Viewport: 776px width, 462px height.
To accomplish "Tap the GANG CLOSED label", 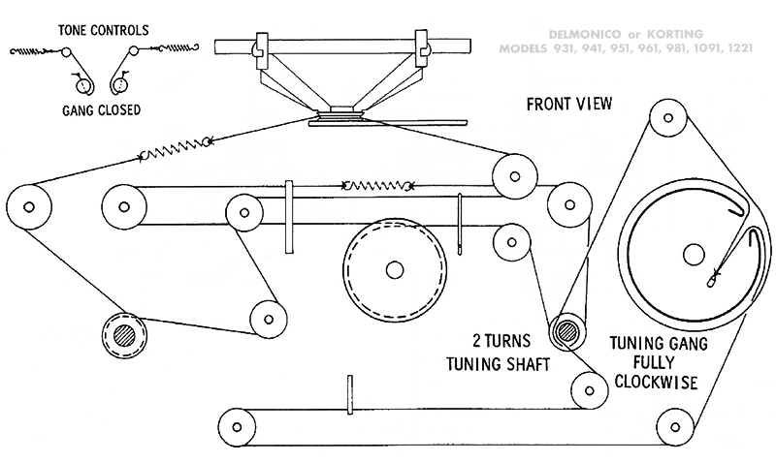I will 95,110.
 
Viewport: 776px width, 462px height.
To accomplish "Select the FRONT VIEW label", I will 571,104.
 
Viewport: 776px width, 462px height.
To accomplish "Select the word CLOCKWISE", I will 658,382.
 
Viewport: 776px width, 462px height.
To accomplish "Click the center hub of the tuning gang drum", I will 694,254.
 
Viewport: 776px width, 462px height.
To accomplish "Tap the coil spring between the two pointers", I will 379,185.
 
